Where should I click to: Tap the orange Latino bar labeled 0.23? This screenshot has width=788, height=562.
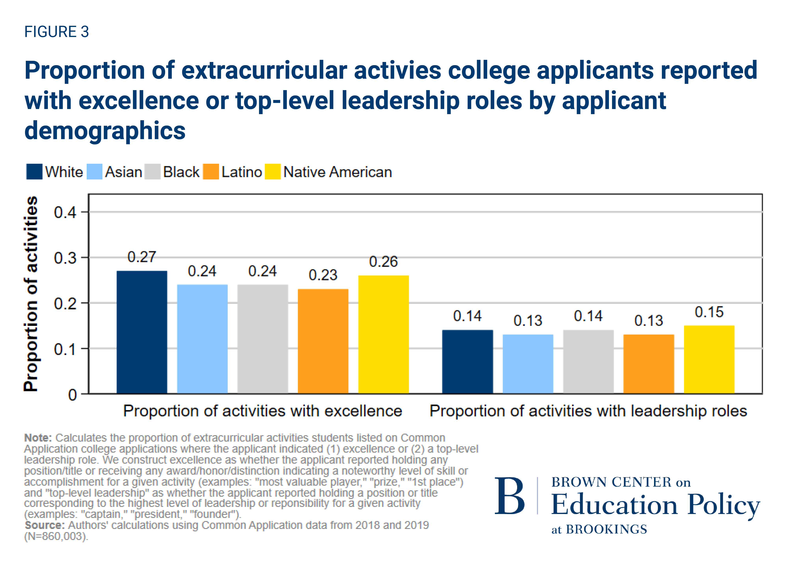tap(323, 341)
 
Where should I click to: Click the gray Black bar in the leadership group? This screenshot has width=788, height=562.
tap(588, 362)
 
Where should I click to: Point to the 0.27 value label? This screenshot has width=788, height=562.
tap(142, 257)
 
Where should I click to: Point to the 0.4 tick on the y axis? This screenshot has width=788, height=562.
tap(65, 212)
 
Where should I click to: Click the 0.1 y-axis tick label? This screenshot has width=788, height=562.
tap(65, 349)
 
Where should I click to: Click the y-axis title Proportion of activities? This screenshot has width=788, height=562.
tap(31, 293)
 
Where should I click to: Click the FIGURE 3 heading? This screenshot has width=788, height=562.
tap(57, 32)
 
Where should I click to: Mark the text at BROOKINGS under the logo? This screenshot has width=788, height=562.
tap(599, 529)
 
